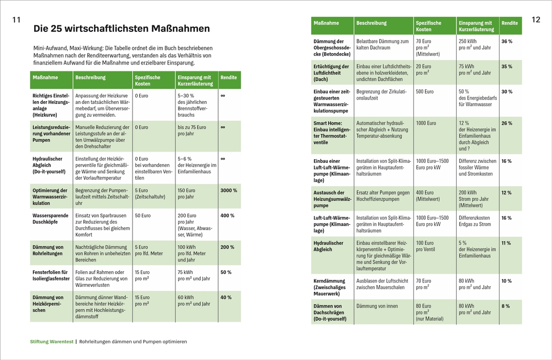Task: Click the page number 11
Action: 16,20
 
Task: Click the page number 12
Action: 536,20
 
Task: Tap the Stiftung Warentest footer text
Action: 51,342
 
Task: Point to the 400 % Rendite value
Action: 227,215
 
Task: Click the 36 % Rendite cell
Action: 507,42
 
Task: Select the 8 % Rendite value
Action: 505,306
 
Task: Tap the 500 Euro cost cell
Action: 425,91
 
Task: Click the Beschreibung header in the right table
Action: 371,23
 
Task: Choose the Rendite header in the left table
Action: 228,77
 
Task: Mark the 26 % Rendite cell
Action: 507,123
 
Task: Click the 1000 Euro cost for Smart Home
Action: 426,123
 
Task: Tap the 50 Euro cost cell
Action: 142,215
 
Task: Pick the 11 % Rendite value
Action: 506,243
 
